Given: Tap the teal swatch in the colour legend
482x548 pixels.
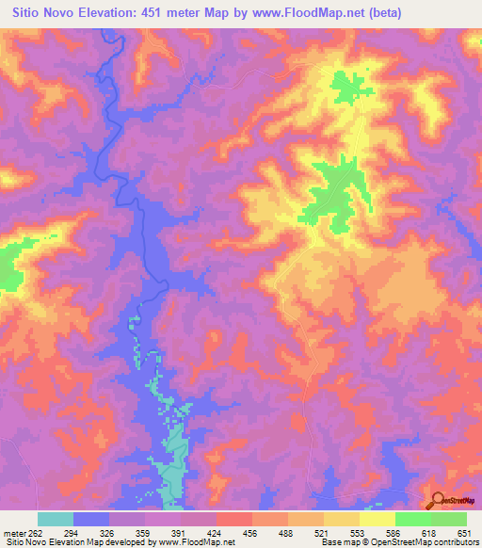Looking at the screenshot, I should coord(56,519).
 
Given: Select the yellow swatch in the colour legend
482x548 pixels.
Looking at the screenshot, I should coord(377,519).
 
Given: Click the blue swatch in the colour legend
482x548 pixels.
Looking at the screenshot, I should coord(91,519).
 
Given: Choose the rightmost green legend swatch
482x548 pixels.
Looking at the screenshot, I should coord(448,519).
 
